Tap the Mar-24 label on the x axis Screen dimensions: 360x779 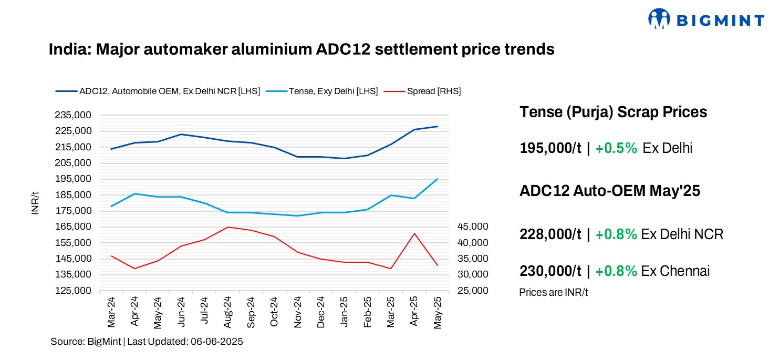[x=111, y=312]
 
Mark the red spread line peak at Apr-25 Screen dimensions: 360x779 [x=414, y=233]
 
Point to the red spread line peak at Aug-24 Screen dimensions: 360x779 [x=228, y=227]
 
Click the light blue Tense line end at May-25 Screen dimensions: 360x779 [x=437, y=179]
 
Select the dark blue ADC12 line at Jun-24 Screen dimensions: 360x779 [x=181, y=135]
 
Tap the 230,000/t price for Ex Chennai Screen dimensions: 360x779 [x=550, y=271]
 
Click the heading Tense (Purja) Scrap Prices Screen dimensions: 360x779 [x=613, y=112]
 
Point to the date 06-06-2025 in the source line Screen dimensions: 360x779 [x=217, y=342]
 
